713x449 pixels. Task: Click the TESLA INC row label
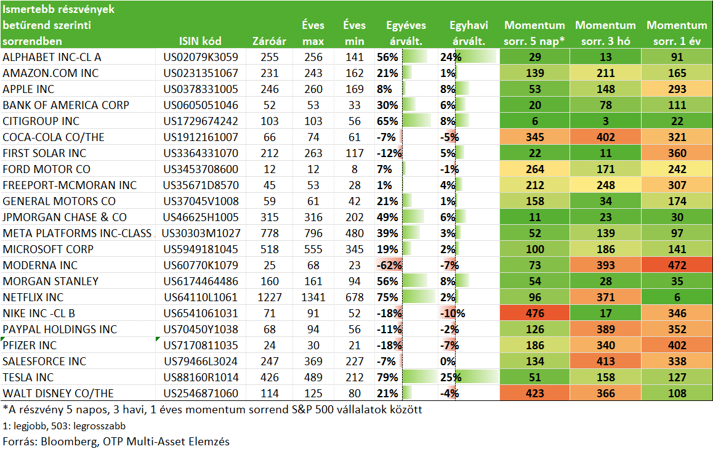tap(28, 378)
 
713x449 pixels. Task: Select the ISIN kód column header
tap(200, 41)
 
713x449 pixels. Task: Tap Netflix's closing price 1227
tap(270, 297)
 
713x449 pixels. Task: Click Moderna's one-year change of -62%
tap(389, 265)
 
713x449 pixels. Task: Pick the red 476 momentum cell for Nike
tap(534, 313)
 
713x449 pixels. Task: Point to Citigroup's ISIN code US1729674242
tap(201, 121)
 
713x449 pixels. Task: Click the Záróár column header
tap(269, 41)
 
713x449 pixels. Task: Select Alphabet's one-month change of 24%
tap(451, 57)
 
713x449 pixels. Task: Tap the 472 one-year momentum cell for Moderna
tap(677, 265)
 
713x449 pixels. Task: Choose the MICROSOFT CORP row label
tap(48, 249)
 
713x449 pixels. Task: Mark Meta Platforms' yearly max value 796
tap(313, 233)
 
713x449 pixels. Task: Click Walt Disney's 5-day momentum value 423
tap(534, 394)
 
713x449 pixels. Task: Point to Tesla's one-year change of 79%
tap(387, 378)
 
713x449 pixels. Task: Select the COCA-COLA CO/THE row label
tap(54, 137)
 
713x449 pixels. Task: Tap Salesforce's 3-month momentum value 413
tap(606, 362)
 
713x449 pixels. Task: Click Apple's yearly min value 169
tap(354, 89)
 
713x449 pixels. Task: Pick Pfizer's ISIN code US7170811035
tap(201, 346)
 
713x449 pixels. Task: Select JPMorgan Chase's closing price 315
tap(270, 217)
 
